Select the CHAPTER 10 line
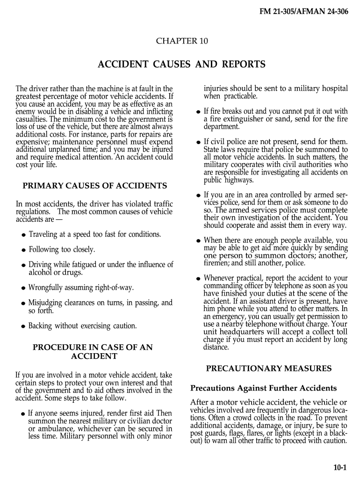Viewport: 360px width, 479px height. (x=181, y=41)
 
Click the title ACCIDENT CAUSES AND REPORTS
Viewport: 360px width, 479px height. (x=181, y=64)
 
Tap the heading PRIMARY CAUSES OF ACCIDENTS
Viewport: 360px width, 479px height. (x=95, y=186)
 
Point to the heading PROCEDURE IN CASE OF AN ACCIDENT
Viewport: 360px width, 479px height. (x=93, y=352)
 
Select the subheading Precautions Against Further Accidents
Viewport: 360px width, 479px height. (x=263, y=388)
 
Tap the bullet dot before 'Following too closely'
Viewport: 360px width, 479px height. (x=23, y=250)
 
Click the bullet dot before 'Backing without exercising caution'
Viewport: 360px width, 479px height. (x=23, y=327)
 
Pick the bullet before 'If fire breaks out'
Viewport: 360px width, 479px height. (x=199, y=112)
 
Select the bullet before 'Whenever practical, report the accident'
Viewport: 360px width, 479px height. (x=199, y=279)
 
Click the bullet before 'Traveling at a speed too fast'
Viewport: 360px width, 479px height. (x=23, y=235)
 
